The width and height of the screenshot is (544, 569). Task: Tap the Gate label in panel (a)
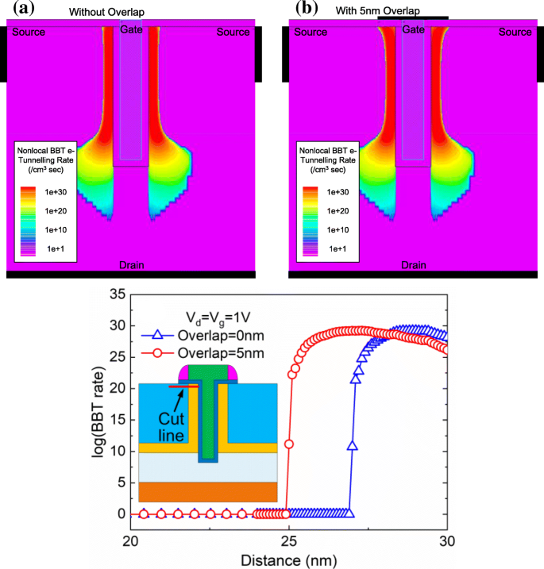click(130, 29)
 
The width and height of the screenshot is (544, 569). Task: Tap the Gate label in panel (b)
click(412, 29)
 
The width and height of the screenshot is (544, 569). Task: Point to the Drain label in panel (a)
click(130, 264)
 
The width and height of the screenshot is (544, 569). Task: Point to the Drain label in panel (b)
click(412, 264)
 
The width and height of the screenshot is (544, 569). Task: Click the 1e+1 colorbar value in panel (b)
click(334, 248)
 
